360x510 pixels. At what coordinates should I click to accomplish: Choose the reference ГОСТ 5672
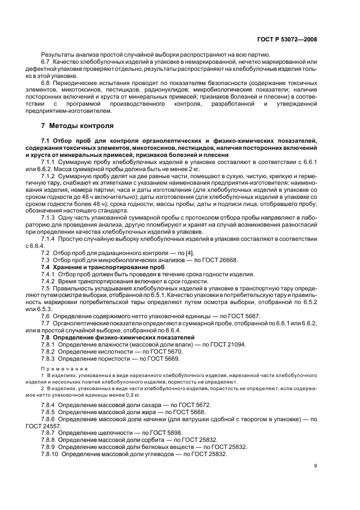point(193,405)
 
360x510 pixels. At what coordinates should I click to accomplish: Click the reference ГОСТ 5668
point(187,412)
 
